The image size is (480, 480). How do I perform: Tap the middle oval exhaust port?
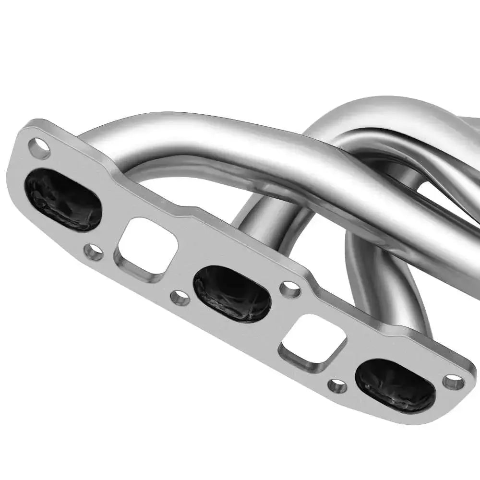click(x=232, y=293)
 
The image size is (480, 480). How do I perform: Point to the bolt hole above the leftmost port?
click(x=39, y=148)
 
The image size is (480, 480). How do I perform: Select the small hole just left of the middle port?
click(x=180, y=298)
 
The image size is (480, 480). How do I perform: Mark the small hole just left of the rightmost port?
click(x=337, y=385)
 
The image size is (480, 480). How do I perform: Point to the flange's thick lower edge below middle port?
click(x=226, y=331)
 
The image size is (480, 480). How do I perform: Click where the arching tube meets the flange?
click(x=96, y=144)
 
